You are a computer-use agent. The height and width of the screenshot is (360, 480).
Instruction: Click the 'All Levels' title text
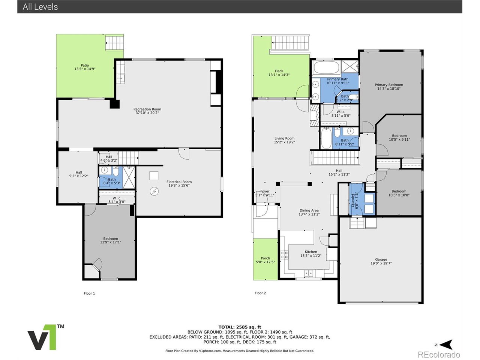tap(40, 7)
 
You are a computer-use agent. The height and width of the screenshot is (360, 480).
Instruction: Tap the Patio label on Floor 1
tap(85, 67)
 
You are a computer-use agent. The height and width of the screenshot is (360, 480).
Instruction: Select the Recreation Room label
tap(147, 111)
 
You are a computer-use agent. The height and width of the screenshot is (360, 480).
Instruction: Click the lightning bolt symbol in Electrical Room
tap(154, 191)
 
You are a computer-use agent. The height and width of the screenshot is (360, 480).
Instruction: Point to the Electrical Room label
tap(179, 183)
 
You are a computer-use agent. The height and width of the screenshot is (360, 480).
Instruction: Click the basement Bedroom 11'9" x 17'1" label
tap(111, 240)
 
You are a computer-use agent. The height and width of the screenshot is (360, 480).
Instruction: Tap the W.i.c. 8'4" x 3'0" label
tap(117, 200)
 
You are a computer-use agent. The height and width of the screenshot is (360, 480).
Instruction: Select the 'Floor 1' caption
tap(89, 294)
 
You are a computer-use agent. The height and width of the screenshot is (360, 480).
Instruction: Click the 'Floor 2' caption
tap(260, 293)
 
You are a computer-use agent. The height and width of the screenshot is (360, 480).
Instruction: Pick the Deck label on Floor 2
tap(279, 73)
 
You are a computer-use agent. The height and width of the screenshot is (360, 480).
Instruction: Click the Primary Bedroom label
tap(389, 87)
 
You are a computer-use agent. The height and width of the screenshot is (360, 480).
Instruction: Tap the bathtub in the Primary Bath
tap(326, 68)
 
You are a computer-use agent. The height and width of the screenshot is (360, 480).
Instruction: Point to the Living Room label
tap(284, 140)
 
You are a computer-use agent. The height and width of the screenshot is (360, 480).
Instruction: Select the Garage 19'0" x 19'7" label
tap(381, 261)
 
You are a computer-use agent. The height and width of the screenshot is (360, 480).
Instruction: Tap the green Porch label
tap(265, 260)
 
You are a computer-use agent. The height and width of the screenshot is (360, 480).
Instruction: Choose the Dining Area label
tap(309, 212)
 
